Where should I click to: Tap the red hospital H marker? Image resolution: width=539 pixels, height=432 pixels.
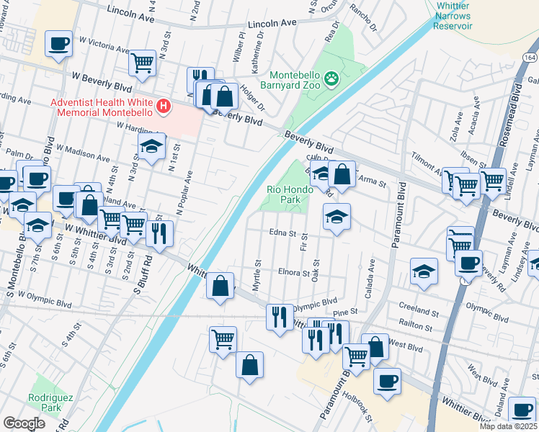[164, 107]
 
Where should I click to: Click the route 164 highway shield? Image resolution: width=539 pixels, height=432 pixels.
[530, 57]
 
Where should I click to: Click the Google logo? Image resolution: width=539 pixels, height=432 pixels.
[24, 423]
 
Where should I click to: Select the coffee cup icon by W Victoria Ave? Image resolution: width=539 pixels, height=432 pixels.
[58, 43]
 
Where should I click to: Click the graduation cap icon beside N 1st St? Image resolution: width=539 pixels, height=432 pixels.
[151, 148]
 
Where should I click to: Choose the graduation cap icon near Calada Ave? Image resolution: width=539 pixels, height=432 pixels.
[424, 271]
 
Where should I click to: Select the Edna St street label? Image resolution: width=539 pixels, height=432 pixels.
[282, 233]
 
